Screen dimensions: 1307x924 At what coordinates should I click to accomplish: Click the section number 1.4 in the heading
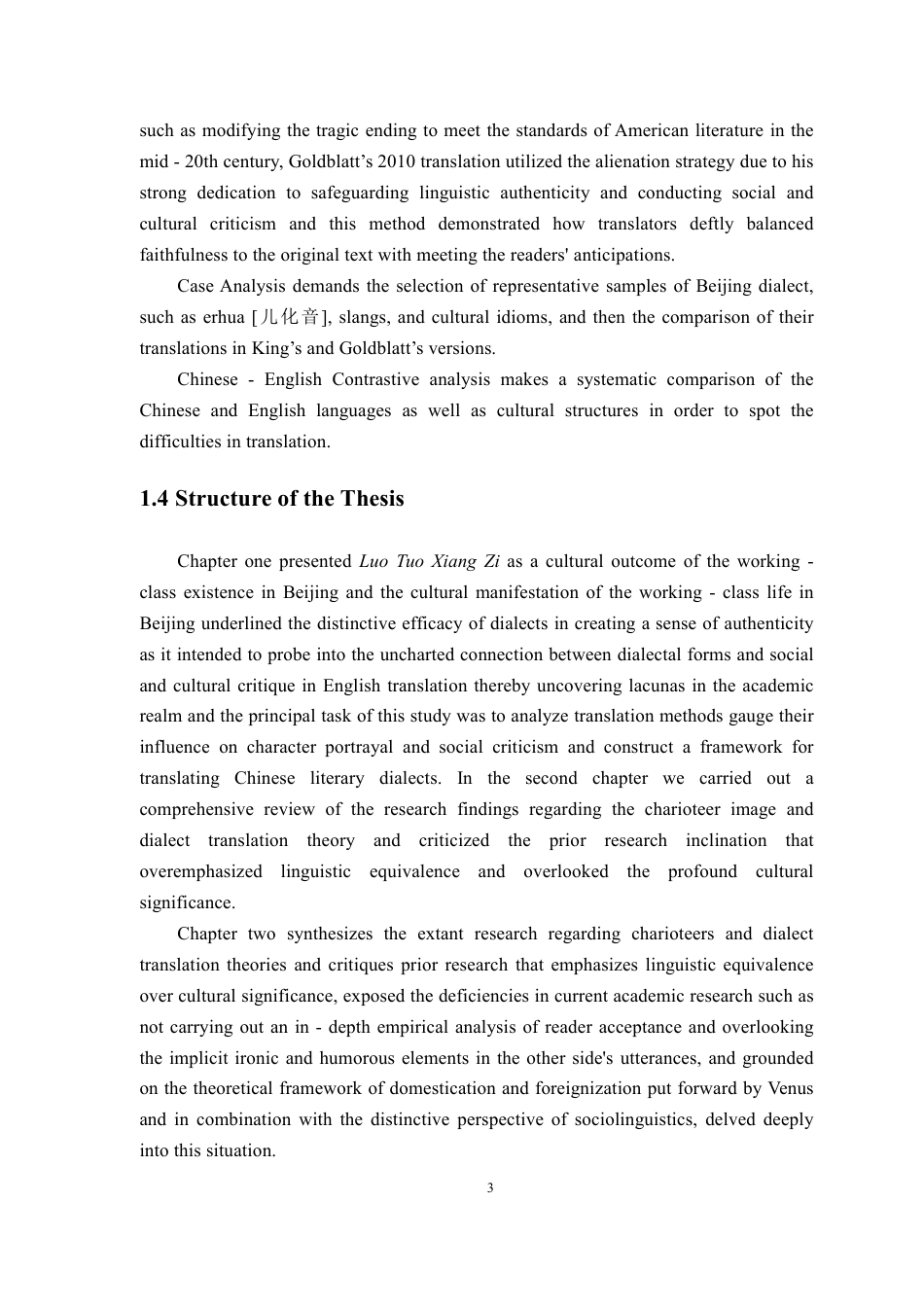point(154,499)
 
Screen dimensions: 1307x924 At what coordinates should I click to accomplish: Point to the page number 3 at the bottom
point(490,1187)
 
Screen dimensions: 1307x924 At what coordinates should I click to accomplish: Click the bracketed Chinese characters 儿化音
point(285,317)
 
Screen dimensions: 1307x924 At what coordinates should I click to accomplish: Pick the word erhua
point(224,317)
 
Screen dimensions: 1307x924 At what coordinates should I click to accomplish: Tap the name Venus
point(790,1088)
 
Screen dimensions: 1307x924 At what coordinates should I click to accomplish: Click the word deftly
point(697,224)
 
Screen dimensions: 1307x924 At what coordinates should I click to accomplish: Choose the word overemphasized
point(200,871)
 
